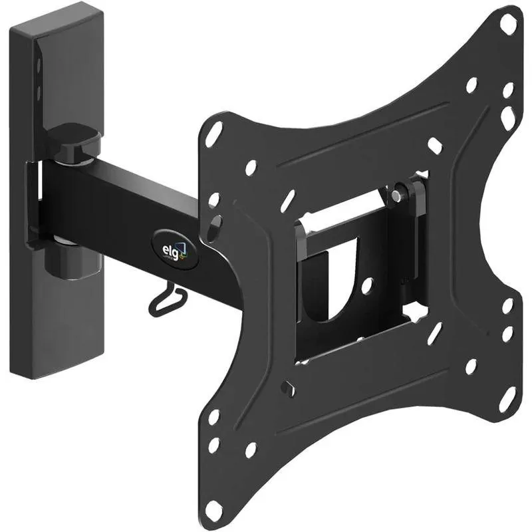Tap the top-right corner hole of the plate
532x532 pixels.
point(507,24)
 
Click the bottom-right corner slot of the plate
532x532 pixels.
point(507,398)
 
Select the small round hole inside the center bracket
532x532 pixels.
point(366,286)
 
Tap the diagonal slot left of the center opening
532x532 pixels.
point(287,200)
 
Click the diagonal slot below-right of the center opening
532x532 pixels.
point(434,332)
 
